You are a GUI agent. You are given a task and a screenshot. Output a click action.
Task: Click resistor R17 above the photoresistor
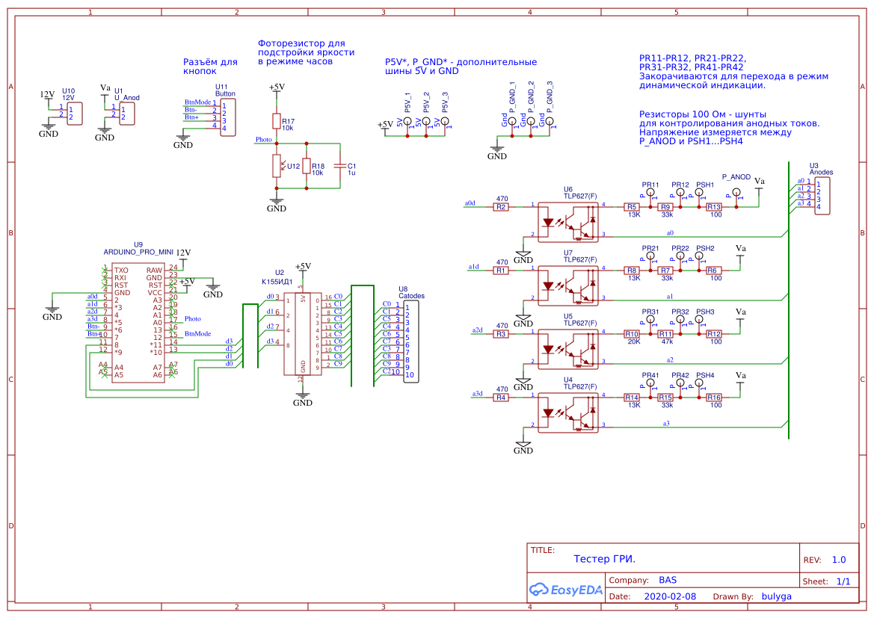[276, 121]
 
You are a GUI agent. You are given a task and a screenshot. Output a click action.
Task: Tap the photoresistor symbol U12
[276, 166]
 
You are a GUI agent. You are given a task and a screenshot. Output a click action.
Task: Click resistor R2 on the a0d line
[501, 207]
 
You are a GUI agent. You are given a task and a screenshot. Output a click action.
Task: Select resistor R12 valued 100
[714, 334]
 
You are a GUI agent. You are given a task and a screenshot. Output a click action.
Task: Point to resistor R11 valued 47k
[665, 334]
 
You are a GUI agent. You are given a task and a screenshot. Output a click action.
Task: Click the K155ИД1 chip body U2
[303, 333]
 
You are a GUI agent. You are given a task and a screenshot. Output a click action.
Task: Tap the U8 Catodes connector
[410, 342]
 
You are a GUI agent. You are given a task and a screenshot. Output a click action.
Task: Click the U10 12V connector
[74, 114]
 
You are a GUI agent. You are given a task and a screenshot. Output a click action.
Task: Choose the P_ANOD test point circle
[736, 192]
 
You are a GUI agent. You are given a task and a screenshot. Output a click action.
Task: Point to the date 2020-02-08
[669, 596]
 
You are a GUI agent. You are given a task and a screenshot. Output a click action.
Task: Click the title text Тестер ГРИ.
[605, 559]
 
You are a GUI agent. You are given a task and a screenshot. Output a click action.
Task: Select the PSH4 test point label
[705, 375]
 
